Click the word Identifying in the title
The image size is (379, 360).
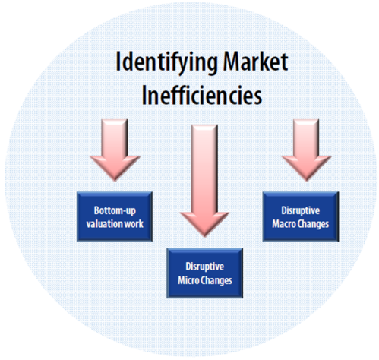click(166, 63)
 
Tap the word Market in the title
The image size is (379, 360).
click(256, 62)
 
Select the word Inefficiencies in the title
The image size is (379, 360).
click(202, 95)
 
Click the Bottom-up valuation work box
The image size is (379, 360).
click(115, 216)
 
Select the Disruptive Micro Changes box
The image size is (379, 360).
click(204, 273)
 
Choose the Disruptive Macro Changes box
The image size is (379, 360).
click(301, 216)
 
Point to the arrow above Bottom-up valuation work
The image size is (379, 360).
click(115, 150)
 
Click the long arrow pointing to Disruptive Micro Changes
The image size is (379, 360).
click(204, 181)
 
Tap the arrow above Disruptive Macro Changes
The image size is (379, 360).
click(306, 150)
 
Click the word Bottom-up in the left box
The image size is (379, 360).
click(115, 210)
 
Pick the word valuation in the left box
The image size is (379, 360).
click(105, 224)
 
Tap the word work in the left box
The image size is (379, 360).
click(134, 224)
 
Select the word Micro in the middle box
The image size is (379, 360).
click(188, 280)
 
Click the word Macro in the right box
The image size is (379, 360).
click(284, 224)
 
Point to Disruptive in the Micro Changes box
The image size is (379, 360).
click(204, 267)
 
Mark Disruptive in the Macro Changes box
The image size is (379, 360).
click(301, 211)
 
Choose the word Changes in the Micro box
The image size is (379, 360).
click(216, 281)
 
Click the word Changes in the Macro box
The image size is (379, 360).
click(313, 225)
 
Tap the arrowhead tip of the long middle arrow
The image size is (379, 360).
click(204, 238)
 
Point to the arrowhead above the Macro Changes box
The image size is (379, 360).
click(306, 169)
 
